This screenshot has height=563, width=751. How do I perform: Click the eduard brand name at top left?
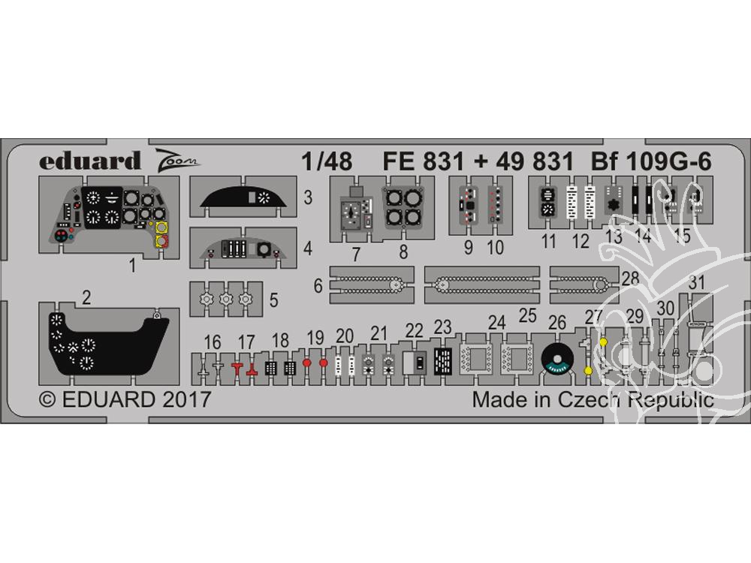click(x=89, y=161)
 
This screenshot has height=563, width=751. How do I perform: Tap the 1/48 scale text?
click(x=327, y=161)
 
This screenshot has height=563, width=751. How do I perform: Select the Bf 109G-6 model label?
click(x=651, y=161)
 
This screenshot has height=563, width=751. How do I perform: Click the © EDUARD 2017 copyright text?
click(x=125, y=399)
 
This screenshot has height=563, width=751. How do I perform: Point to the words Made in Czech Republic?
click(x=593, y=399)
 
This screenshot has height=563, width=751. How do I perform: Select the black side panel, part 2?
click(x=109, y=344)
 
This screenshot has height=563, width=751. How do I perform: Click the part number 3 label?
click(x=307, y=197)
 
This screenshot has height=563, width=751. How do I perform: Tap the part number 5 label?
click(x=273, y=300)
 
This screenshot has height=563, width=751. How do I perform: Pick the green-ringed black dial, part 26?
click(x=557, y=360)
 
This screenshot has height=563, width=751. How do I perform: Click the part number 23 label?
click(x=442, y=327)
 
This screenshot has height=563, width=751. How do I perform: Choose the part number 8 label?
click(x=403, y=251)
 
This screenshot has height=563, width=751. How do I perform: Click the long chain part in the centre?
click(x=482, y=285)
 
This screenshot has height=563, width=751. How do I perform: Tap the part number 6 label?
click(x=318, y=286)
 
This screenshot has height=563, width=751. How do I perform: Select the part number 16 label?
click(x=213, y=342)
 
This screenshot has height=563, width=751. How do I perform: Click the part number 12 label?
click(x=581, y=241)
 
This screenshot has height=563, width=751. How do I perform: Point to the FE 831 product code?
click(x=423, y=161)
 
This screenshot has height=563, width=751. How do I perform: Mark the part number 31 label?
click(x=696, y=282)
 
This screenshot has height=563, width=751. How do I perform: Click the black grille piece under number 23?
click(x=443, y=361)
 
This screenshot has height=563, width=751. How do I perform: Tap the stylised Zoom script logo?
click(x=176, y=159)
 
